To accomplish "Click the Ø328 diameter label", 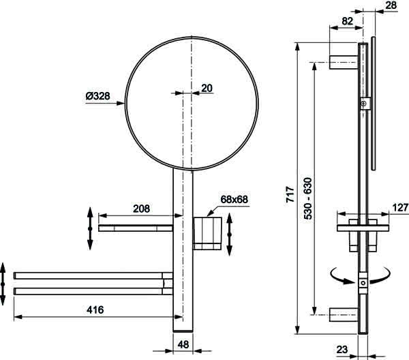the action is (97, 96).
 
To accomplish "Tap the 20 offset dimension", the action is (207, 88).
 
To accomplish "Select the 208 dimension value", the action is (141, 209).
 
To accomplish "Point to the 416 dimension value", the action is (95, 310).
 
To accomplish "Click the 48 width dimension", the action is (183, 344).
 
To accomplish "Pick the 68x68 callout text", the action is (234, 199).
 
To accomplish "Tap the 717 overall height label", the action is (290, 194).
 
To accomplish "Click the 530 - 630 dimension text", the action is (308, 198).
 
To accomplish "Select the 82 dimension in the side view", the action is (348, 21).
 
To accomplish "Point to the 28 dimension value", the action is (391, 5).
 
